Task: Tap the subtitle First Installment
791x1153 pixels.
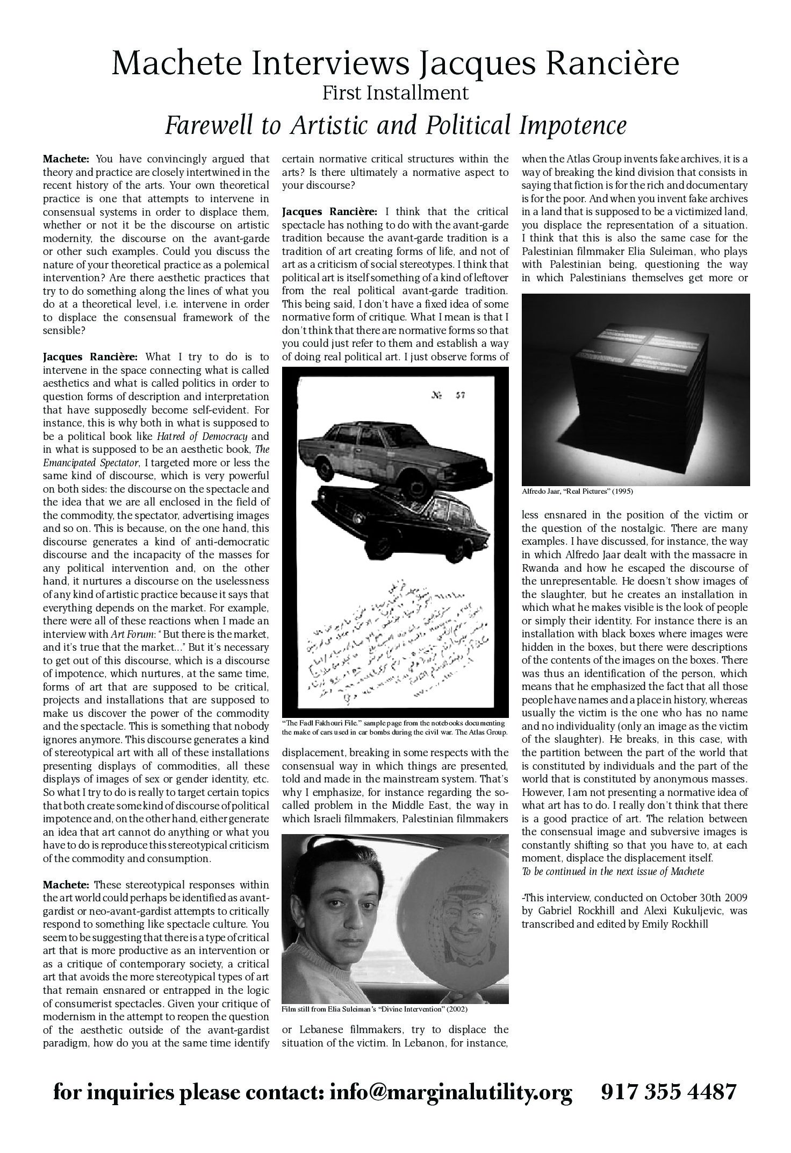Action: pyautogui.click(x=395, y=93)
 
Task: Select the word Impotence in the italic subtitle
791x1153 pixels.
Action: pyautogui.click(x=573, y=125)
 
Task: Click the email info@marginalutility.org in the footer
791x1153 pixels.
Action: pyautogui.click(x=451, y=1092)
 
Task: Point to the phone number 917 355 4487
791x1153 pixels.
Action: pyautogui.click(x=668, y=1092)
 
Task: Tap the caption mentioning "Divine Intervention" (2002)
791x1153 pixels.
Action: pyautogui.click(x=375, y=1009)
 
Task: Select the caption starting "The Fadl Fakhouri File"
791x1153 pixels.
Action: pyautogui.click(x=394, y=727)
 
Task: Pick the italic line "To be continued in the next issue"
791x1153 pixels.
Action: pyautogui.click(x=613, y=871)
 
